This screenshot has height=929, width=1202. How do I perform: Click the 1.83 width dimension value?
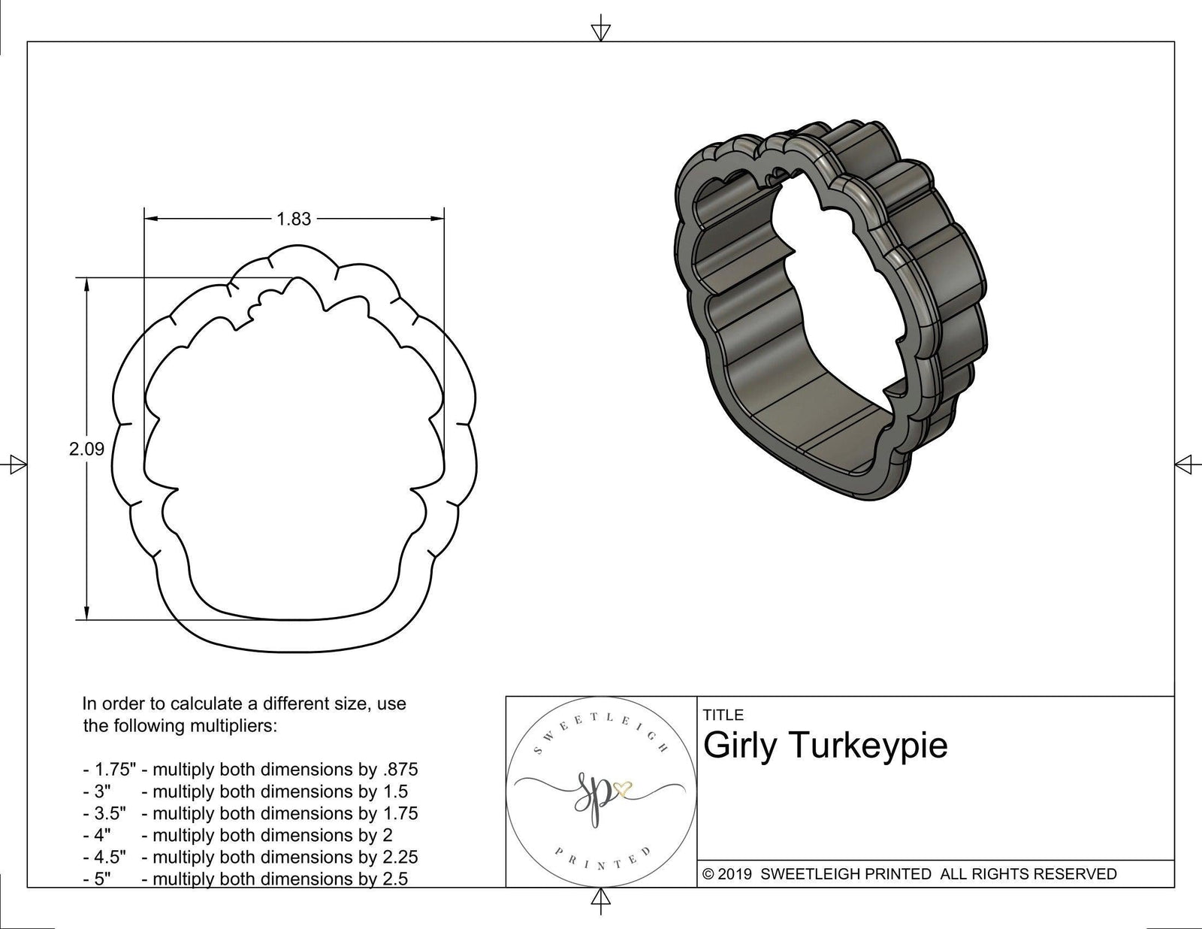[x=293, y=219]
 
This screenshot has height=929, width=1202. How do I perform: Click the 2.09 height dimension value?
[x=86, y=449]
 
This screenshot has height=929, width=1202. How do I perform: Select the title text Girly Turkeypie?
[x=825, y=746]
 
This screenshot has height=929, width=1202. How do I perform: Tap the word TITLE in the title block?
[x=723, y=715]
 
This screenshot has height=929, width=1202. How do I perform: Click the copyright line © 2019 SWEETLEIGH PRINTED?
[x=909, y=874]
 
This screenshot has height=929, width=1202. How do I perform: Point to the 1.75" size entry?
[x=113, y=770]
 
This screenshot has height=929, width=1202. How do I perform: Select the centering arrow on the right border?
[x=1185, y=464]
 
